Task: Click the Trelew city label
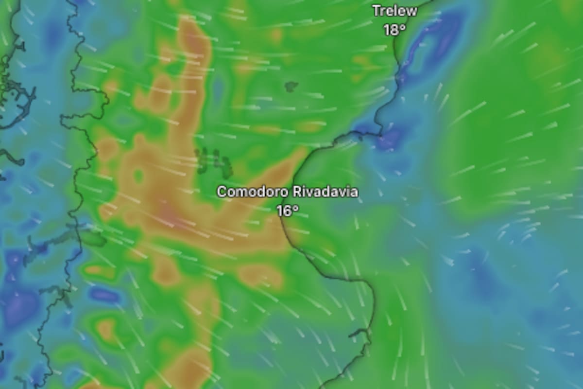click(394, 11)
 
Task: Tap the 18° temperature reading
click(394, 30)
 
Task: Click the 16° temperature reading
click(287, 211)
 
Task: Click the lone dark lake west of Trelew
click(291, 87)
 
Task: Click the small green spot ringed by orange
click(139, 175)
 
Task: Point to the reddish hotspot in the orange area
click(168, 214)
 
